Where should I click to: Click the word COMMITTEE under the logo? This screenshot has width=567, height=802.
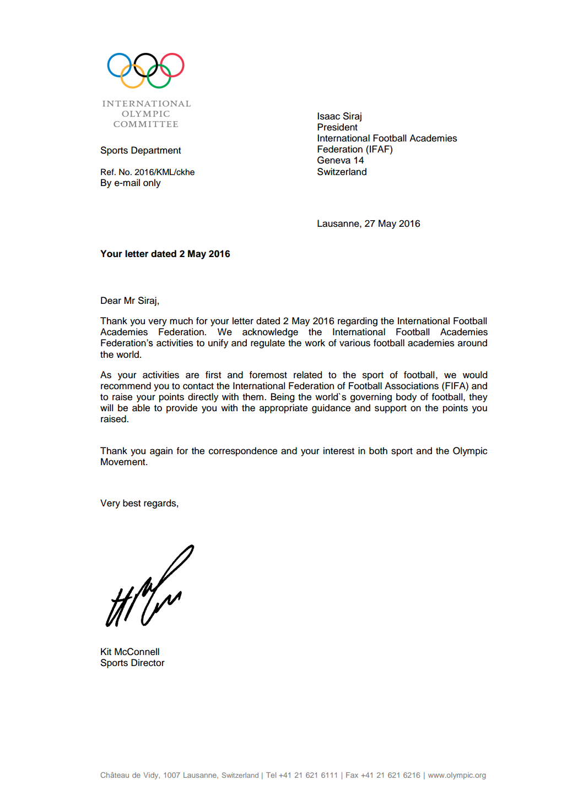[x=146, y=124]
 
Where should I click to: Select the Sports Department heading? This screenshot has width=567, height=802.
[x=141, y=150]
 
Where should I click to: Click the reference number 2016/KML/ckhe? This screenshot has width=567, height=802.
[x=164, y=172]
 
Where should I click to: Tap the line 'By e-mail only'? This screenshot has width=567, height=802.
[x=131, y=183]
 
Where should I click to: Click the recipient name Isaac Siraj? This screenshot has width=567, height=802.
[x=339, y=116]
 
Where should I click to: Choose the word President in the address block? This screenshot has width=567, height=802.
[x=337, y=127]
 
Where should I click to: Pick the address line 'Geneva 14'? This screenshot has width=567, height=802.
[x=341, y=160]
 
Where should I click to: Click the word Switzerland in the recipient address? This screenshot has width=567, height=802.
[x=342, y=172]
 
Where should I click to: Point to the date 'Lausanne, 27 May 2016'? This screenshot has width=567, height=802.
[x=368, y=223]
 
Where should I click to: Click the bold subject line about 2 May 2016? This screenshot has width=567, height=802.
[x=165, y=254]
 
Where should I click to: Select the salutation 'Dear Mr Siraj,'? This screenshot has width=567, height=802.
[x=129, y=301]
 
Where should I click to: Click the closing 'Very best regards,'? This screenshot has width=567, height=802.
[x=139, y=503]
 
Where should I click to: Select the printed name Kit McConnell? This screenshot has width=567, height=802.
[x=130, y=652]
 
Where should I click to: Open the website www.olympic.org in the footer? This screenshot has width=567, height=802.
[x=457, y=775]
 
